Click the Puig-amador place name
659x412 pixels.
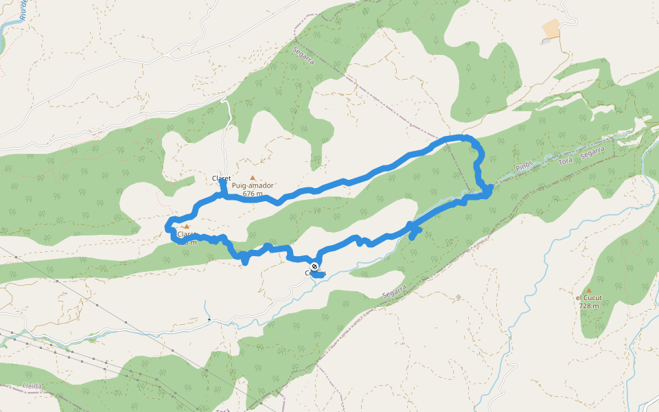pos(253,185)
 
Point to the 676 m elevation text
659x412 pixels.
pos(253,194)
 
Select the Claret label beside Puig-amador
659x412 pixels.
pos(221,179)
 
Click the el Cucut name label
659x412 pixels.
pos(588,298)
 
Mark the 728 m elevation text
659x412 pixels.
pos(588,306)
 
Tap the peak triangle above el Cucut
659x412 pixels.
pos(588,290)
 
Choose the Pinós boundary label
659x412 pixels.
pos(524,167)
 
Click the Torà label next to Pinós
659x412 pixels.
pos(565,160)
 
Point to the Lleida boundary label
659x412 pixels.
pos(32,387)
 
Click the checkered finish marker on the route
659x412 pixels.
pos(314,266)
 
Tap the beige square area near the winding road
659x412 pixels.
pos(551,29)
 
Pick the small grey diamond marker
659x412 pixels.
pos(459,297)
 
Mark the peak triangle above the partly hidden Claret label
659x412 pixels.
pos(185,226)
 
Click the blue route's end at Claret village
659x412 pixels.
pos(223,183)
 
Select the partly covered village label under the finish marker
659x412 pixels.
pos(315,273)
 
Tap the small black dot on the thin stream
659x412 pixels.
pos(209,319)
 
